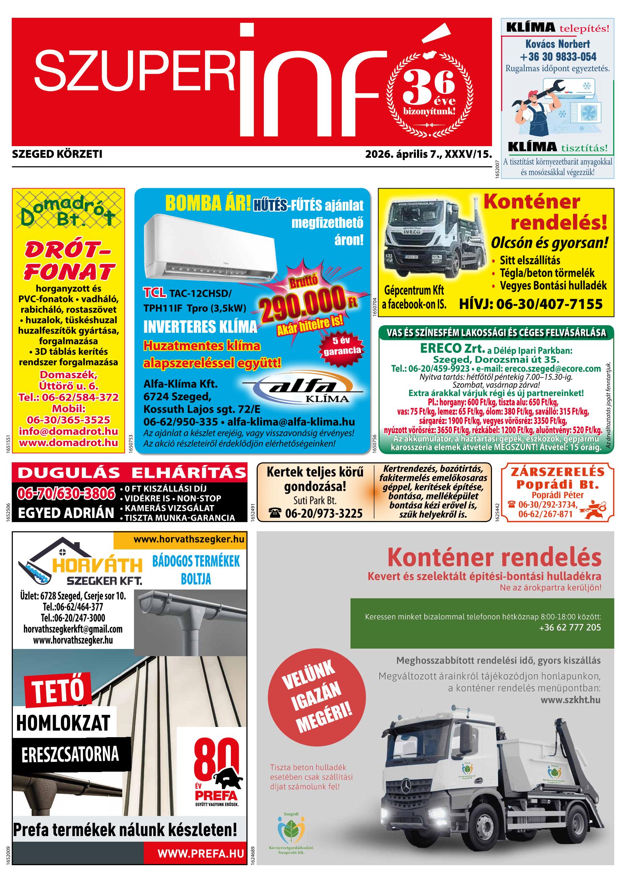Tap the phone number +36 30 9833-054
click(558, 57)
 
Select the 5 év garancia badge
click(342, 346)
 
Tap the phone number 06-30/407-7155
click(530, 304)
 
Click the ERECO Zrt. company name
click(452, 348)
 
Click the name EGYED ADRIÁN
click(66, 513)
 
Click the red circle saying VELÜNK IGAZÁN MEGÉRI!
click(318, 700)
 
